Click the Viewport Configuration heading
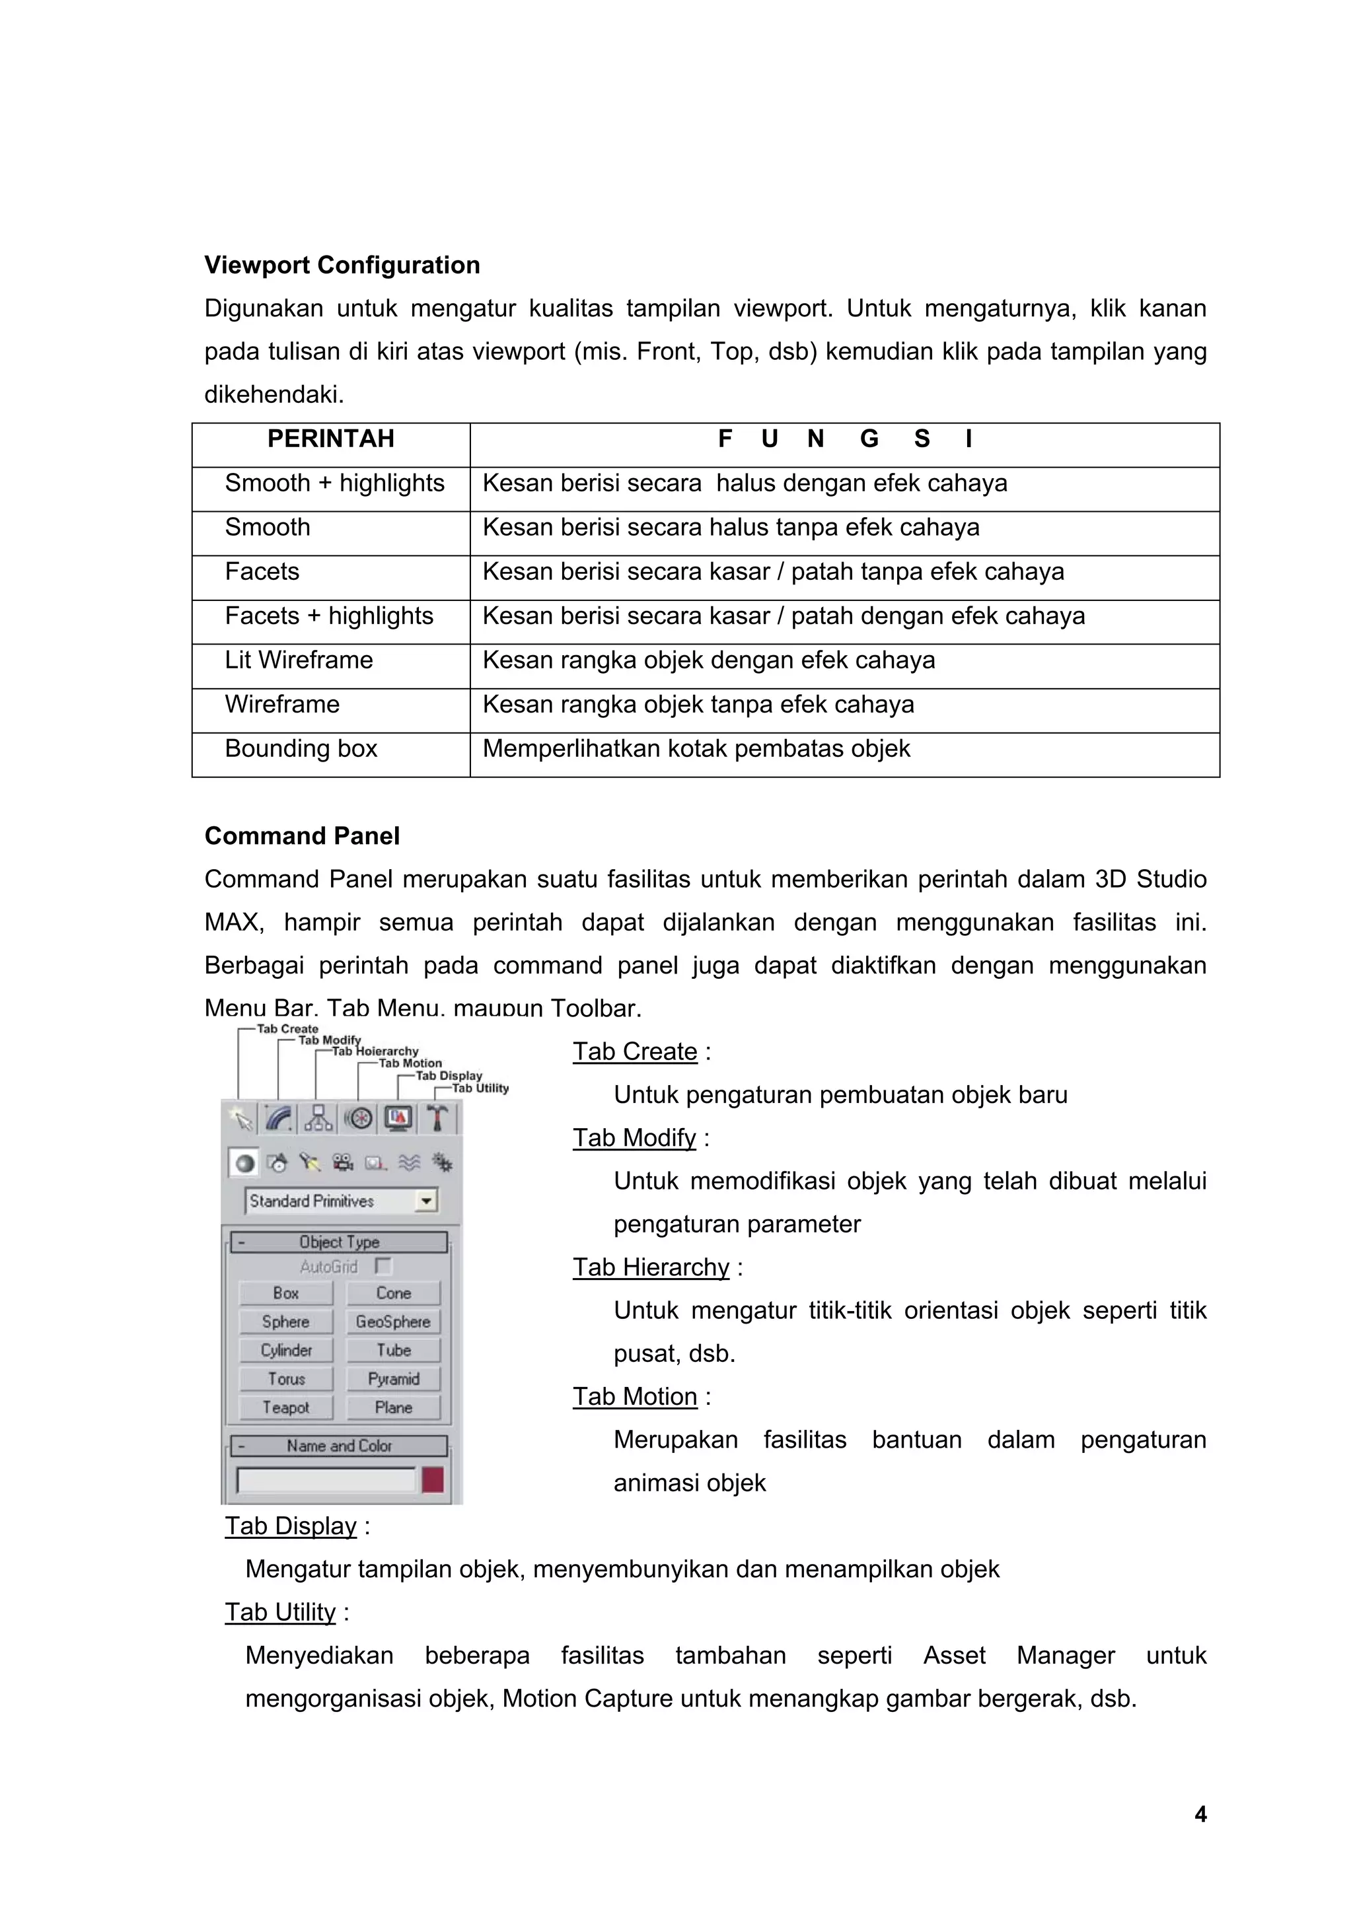point(342,265)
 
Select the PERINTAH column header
point(330,439)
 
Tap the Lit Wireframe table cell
point(299,660)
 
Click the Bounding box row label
point(301,748)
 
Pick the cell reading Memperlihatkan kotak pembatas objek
point(696,748)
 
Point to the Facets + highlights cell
point(329,616)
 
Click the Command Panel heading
point(302,836)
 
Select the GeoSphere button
point(392,1322)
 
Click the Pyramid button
point(392,1379)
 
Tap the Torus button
point(286,1379)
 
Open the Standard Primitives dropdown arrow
point(426,1201)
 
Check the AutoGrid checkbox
point(383,1266)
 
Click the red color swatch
point(433,1481)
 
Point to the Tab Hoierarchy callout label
point(376,1052)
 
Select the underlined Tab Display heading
point(291,1526)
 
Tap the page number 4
point(1200,1814)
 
